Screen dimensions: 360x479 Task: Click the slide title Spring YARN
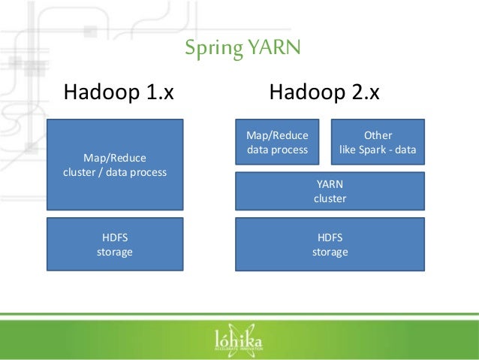(x=242, y=49)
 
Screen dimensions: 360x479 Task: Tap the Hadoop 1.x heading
(x=119, y=94)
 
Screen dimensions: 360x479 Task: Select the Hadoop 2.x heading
(x=324, y=94)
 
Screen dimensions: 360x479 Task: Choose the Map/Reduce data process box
(x=277, y=142)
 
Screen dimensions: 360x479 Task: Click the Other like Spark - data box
(x=378, y=142)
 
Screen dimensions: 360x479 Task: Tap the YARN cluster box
(x=330, y=191)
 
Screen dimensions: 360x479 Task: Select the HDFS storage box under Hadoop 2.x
(x=330, y=244)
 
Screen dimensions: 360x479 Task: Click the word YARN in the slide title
(x=276, y=49)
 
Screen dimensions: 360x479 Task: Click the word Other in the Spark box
(x=378, y=135)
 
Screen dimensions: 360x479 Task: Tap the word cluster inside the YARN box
(x=330, y=199)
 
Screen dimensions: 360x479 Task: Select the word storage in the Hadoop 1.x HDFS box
(x=115, y=252)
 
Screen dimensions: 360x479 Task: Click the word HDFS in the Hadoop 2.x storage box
(x=330, y=237)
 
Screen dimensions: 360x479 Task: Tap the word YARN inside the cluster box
(x=330, y=183)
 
